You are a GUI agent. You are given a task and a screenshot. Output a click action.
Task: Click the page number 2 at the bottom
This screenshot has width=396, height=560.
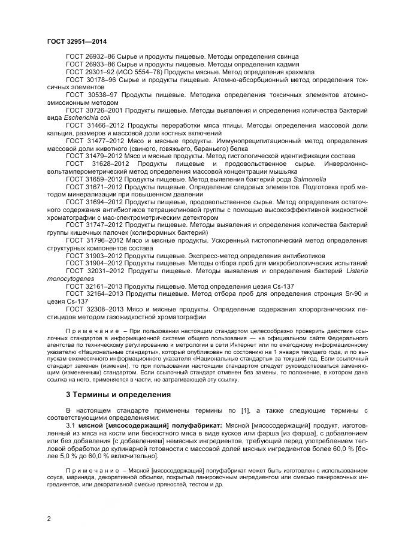(x=49, y=519)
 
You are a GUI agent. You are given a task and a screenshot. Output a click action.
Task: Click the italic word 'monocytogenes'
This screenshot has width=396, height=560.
(x=69, y=279)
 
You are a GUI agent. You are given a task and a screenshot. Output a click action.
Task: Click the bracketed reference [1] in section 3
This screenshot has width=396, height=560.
(x=225, y=411)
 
